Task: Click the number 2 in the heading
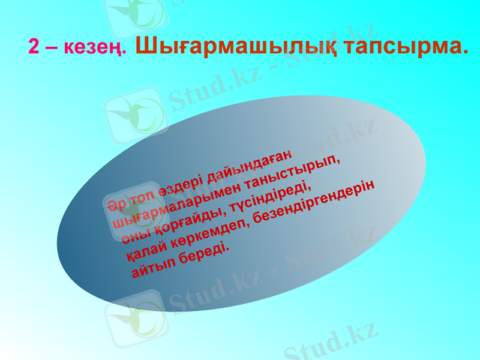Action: tap(34, 47)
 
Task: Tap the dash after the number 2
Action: tap(50, 48)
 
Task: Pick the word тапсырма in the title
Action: tap(407, 46)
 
